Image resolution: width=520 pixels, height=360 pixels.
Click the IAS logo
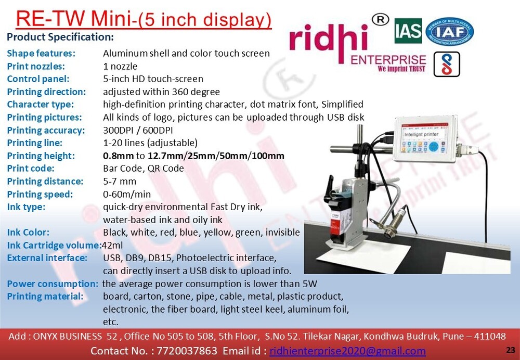[x=408, y=32]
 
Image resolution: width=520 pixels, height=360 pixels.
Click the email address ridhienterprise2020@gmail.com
[x=347, y=351]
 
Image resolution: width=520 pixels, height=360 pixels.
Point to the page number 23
[x=510, y=349]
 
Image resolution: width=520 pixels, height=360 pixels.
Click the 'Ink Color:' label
[x=29, y=233]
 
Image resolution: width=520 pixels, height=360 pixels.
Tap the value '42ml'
[x=112, y=245]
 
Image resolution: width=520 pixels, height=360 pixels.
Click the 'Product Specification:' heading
[x=60, y=37]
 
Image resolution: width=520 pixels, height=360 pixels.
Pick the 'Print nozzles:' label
[x=36, y=66]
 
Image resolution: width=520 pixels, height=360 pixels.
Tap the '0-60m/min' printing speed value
[x=127, y=194]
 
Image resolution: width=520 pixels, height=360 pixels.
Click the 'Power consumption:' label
[x=53, y=284]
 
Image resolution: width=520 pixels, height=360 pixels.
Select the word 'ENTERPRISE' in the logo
[x=388, y=60]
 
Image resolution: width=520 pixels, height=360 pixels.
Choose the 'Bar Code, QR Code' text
[x=144, y=169]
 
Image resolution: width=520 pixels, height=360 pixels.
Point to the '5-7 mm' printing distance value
[x=120, y=182]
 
